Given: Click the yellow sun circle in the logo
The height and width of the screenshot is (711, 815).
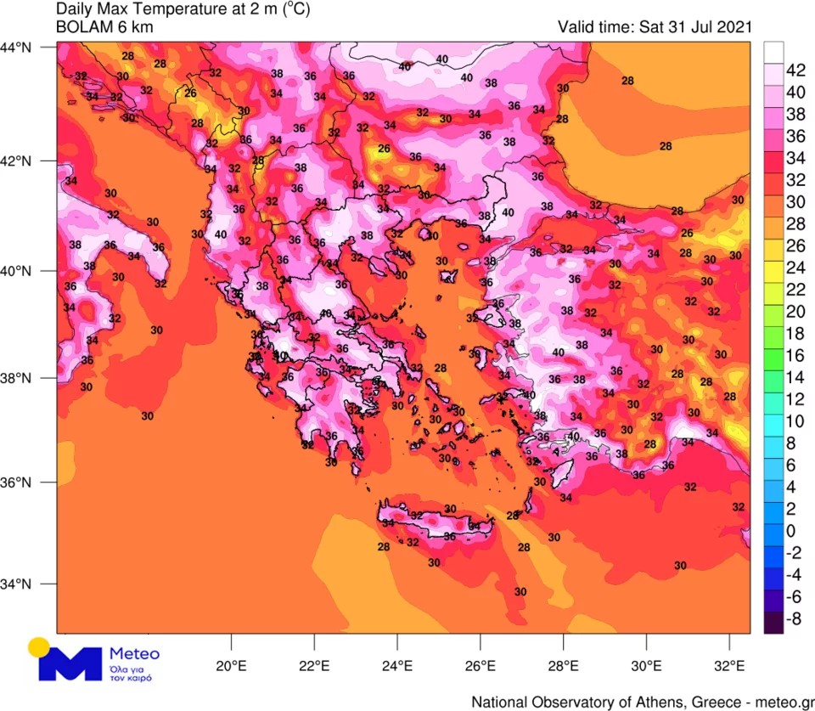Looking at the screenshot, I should [39, 647].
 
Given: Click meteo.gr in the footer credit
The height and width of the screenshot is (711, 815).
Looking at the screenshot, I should [780, 702].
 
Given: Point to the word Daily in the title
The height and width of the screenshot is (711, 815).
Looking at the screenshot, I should [76, 9].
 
